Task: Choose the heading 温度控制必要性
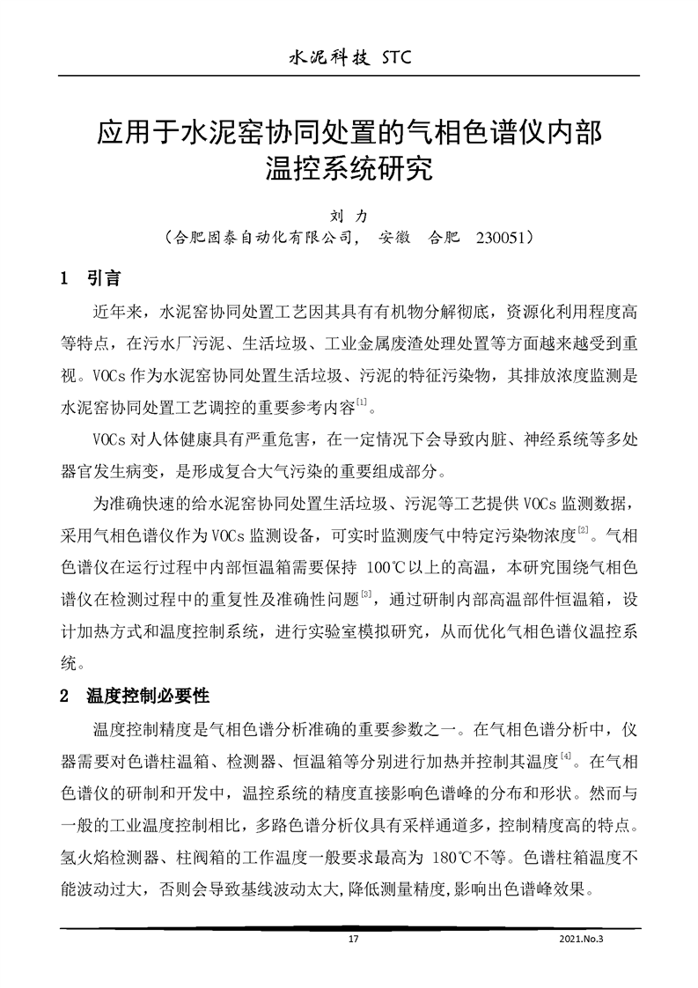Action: [x=147, y=696]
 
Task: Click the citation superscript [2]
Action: [x=582, y=529]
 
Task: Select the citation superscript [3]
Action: [x=365, y=595]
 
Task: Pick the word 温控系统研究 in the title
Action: [x=349, y=167]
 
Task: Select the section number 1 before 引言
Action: [x=63, y=279]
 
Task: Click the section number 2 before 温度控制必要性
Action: [x=63, y=696]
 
